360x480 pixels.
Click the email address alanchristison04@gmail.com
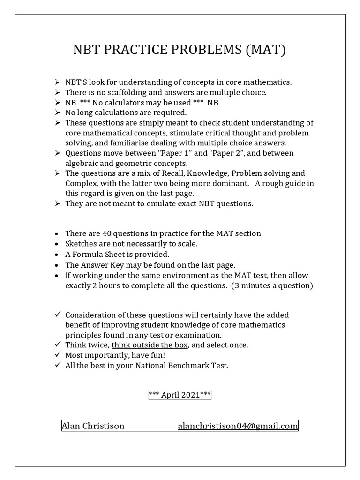238,426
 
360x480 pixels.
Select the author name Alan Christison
93,426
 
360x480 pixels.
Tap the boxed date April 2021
180,395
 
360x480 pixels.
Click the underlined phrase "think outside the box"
150,345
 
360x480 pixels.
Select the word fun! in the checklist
143,355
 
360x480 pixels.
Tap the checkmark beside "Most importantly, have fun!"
57,355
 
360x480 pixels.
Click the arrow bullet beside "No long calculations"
57,112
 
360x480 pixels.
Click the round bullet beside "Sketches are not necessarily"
57,244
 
